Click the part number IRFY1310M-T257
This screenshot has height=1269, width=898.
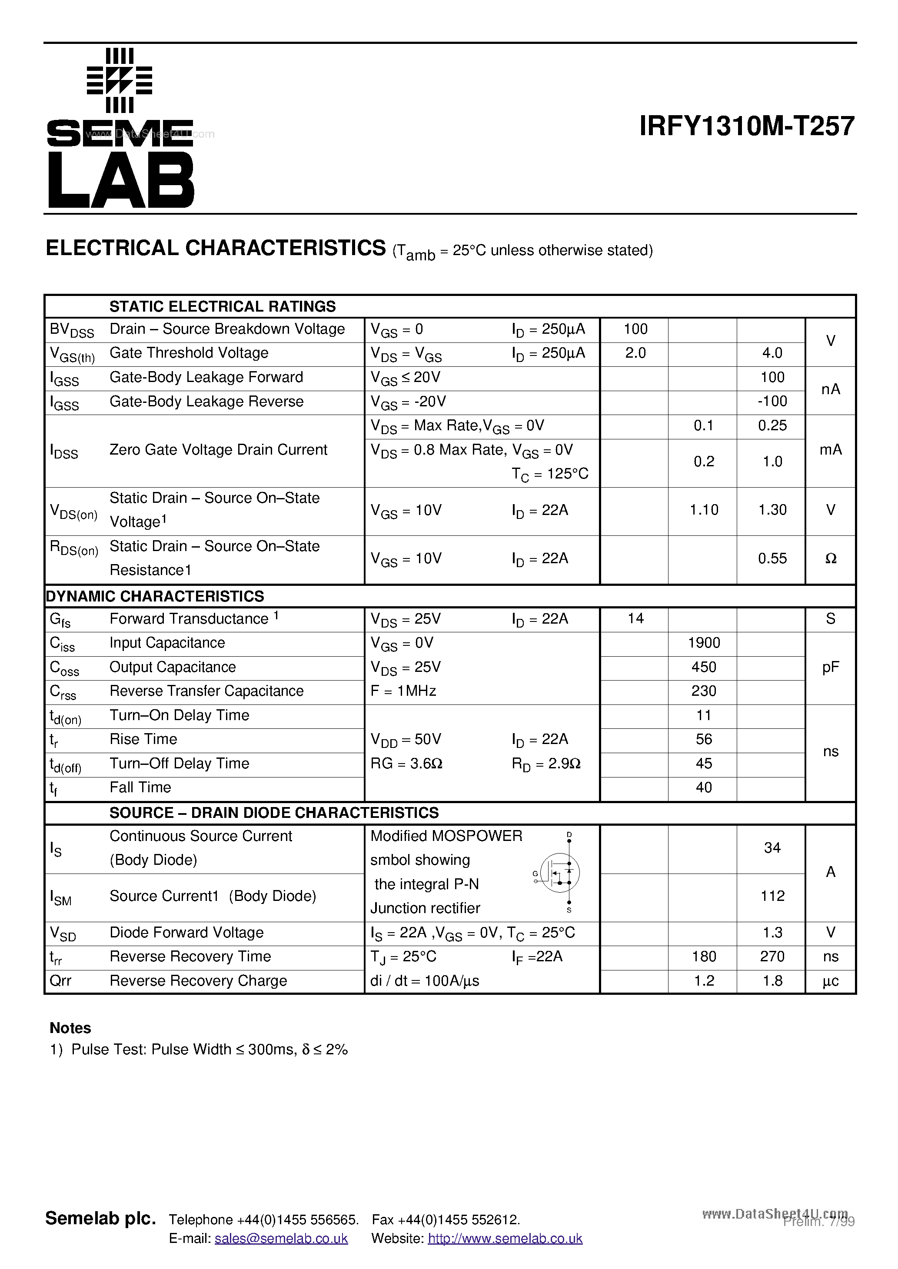[x=746, y=126]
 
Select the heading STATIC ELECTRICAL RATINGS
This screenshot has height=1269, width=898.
[x=222, y=306]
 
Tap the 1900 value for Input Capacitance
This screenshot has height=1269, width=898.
[x=703, y=643]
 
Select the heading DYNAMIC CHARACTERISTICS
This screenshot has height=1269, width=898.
[x=155, y=596]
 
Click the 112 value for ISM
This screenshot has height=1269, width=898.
[x=772, y=896]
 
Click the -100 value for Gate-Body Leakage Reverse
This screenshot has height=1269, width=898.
[x=772, y=401]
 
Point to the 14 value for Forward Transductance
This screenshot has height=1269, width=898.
[x=635, y=618]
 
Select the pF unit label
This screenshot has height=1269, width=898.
[x=830, y=667]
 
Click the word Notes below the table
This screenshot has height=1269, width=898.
[x=70, y=1028]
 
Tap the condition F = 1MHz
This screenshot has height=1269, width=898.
[x=403, y=691]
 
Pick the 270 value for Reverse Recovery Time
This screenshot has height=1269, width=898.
[x=772, y=957]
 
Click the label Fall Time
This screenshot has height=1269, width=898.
[x=140, y=787]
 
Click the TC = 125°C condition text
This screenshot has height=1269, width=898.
[x=550, y=474]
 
